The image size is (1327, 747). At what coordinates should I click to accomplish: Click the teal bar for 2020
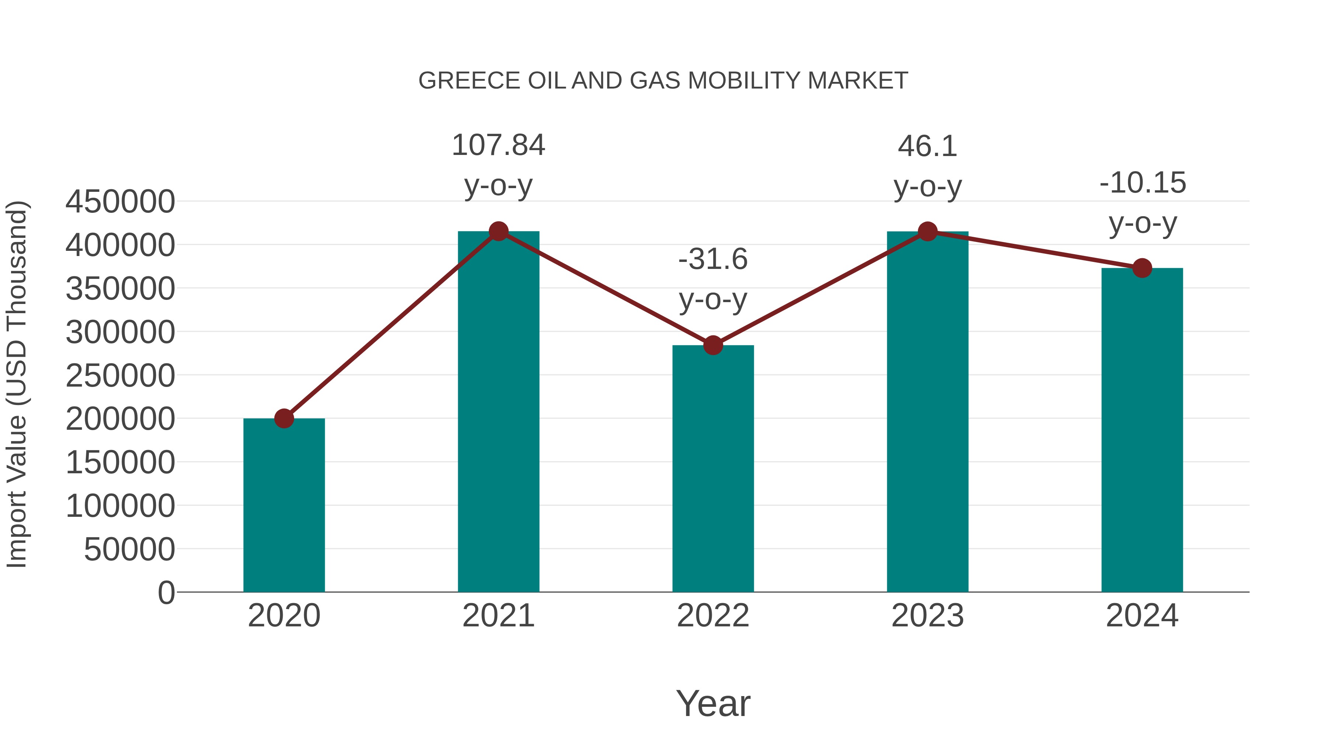tap(284, 505)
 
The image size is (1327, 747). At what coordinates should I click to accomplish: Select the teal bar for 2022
tap(713, 469)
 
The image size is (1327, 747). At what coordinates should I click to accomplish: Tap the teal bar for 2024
tap(1142, 430)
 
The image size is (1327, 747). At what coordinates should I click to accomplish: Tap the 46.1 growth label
tap(928, 166)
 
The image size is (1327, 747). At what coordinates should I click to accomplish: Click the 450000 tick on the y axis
tap(120, 201)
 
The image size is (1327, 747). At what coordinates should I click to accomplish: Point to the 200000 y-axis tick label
tap(120, 419)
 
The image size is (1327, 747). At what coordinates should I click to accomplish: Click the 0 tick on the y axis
tap(166, 593)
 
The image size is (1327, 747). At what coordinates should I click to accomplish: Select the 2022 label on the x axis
tap(713, 616)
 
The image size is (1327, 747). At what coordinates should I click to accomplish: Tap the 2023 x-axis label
tap(928, 616)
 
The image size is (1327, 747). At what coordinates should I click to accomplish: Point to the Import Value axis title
tap(17, 384)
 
